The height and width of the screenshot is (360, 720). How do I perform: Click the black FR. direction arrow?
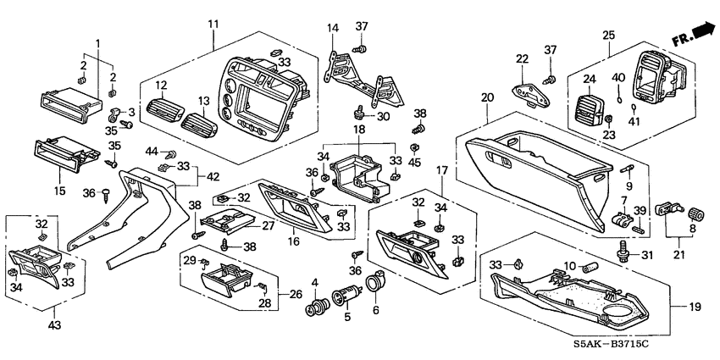[702, 33]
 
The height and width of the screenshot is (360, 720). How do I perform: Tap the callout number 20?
[486, 98]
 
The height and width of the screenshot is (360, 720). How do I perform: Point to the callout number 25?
[608, 35]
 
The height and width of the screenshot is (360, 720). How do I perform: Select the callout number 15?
[59, 191]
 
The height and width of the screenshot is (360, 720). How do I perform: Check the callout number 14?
[333, 28]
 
